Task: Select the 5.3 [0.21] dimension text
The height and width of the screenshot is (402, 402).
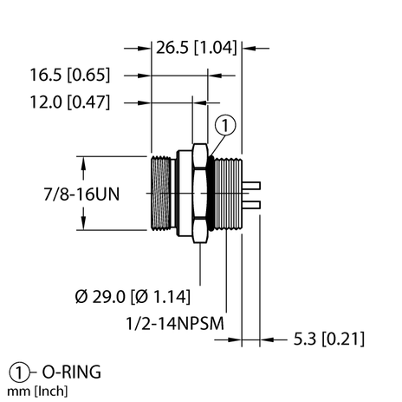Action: pos(328,339)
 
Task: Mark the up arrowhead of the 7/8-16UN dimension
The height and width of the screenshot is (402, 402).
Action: pos(86,161)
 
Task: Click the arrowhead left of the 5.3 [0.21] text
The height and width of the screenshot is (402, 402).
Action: pos(268,339)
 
